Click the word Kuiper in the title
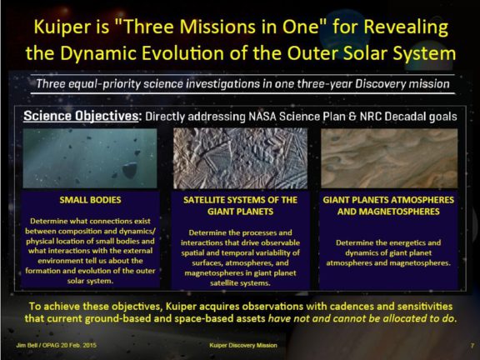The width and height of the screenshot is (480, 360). click(x=62, y=26)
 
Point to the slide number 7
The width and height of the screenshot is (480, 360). click(x=472, y=345)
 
